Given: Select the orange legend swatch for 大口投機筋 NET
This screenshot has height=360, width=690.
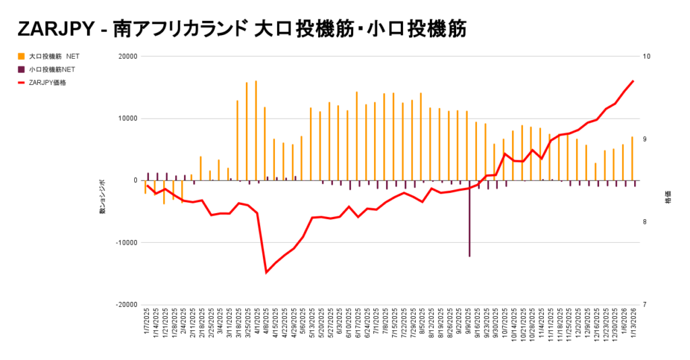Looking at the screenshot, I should [x=22, y=57].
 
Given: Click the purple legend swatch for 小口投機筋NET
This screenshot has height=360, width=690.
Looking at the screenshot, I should [x=22, y=69].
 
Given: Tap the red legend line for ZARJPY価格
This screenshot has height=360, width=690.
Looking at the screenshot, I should [x=22, y=82].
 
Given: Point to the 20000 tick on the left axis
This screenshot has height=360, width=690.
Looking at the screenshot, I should [x=127, y=57].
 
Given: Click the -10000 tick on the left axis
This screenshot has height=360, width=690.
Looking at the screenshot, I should [x=125, y=243].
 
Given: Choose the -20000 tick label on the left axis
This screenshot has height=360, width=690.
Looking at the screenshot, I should [x=125, y=305].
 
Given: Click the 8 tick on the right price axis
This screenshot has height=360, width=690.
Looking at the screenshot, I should [x=644, y=222].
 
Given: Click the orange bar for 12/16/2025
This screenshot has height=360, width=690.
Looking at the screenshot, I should [x=595, y=171].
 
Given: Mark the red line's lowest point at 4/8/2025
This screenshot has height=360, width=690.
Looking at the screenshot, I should [x=266, y=272].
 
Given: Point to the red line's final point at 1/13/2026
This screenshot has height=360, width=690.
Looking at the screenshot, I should [x=633, y=81].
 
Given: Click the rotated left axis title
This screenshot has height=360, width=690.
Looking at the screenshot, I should [x=102, y=198].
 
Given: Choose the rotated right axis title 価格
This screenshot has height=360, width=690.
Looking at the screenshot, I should [x=668, y=200].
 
